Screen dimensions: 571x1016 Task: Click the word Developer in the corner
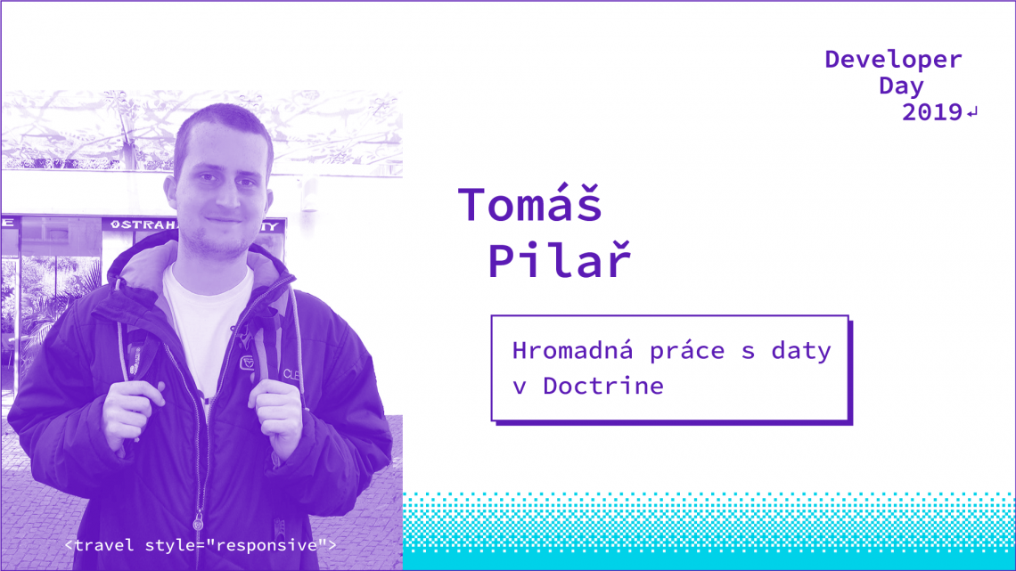(893, 60)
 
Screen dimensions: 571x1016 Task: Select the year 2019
(931, 113)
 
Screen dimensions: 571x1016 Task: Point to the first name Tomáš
(530, 205)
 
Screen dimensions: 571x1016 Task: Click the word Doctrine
(603, 387)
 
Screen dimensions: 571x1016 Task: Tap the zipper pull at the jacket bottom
(199, 520)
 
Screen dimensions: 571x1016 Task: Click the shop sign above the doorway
(143, 225)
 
